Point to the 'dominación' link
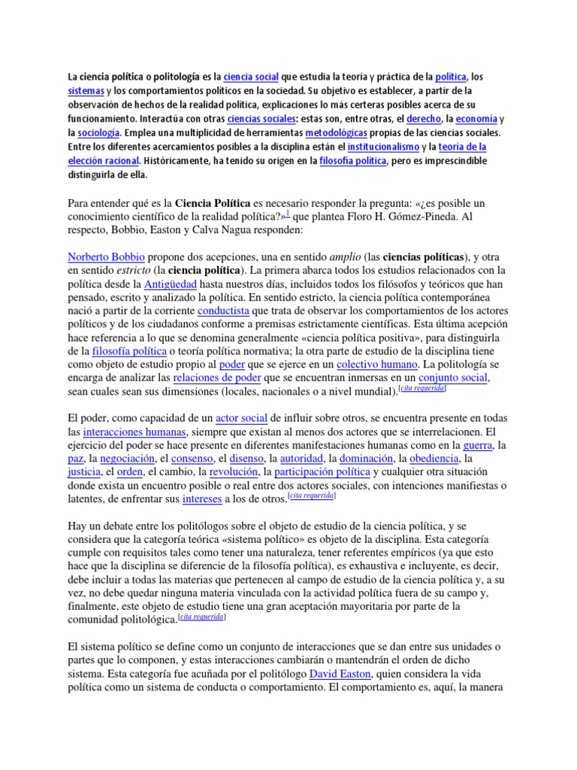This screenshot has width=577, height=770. point(367,459)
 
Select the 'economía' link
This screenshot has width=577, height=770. point(476,119)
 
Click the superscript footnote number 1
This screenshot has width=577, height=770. point(286,213)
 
